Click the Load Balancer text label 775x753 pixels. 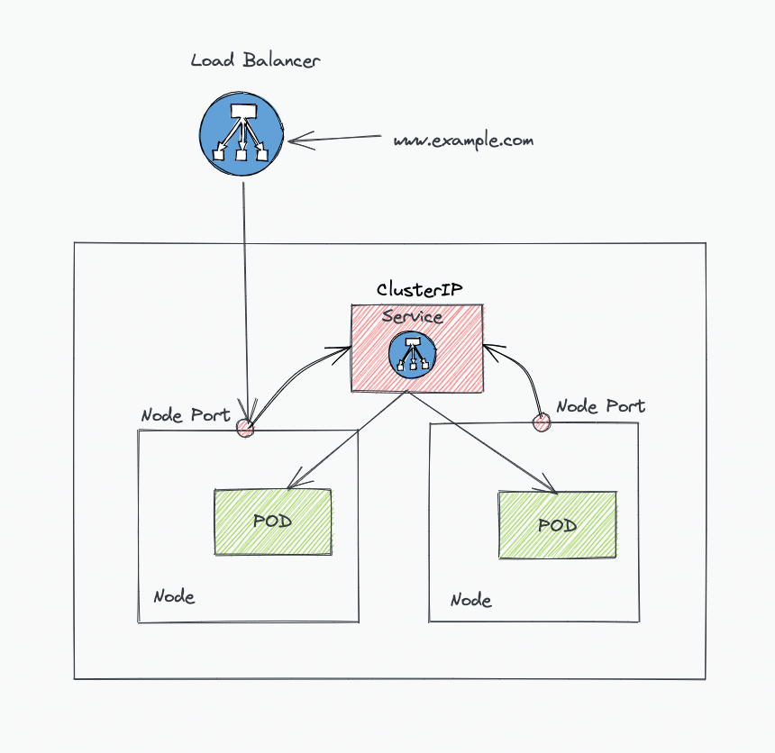click(x=256, y=61)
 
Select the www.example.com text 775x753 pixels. click(x=463, y=141)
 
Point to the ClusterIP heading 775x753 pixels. click(x=420, y=290)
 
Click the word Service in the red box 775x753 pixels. click(x=412, y=317)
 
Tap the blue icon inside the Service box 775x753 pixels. click(x=414, y=354)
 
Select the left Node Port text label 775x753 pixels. click(x=185, y=415)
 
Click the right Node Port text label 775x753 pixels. click(x=600, y=406)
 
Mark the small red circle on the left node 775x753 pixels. click(x=244, y=429)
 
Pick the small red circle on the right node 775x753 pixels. click(x=542, y=421)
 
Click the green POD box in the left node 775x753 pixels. click(x=273, y=522)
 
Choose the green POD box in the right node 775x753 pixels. click(x=557, y=525)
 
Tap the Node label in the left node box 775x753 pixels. click(x=174, y=596)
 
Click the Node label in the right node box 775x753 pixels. click(x=470, y=600)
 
